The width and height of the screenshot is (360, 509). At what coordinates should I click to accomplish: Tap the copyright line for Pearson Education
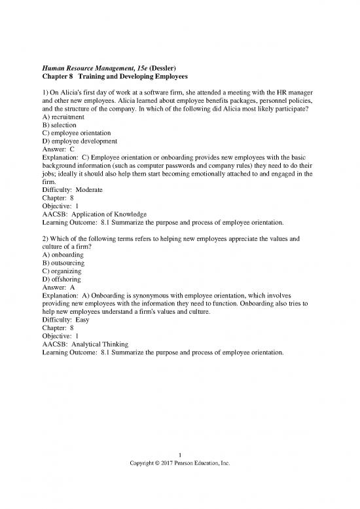pyautogui.click(x=180, y=464)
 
